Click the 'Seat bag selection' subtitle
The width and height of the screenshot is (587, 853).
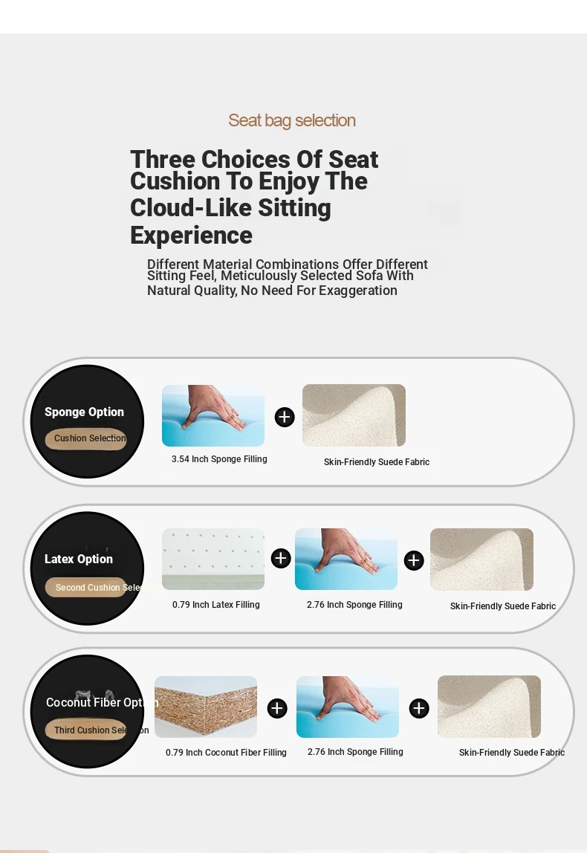(x=291, y=121)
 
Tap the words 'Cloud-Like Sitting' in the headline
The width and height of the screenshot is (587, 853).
(x=230, y=208)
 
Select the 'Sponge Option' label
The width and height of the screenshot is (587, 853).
(x=84, y=412)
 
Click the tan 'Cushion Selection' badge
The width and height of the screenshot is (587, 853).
(x=86, y=438)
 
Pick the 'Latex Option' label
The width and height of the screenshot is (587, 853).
(x=79, y=559)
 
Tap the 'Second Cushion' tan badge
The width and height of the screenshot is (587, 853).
(x=86, y=588)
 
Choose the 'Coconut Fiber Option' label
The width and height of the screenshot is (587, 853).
(x=95, y=702)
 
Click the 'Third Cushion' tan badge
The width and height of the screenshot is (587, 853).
(x=86, y=730)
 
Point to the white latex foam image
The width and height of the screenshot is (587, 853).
(x=213, y=560)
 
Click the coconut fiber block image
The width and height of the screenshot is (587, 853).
(x=206, y=707)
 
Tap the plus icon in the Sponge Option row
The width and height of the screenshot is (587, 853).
(x=285, y=418)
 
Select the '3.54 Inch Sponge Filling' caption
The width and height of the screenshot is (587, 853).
(x=219, y=459)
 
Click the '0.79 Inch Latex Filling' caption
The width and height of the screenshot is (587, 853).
(x=216, y=605)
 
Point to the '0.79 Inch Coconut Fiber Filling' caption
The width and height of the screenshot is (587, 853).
(x=226, y=753)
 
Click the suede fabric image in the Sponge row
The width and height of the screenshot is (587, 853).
(x=354, y=415)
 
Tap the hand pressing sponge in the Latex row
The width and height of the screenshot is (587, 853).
(x=346, y=560)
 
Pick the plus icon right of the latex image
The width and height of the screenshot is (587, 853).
(x=281, y=558)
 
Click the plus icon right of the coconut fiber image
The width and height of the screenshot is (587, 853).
(x=277, y=708)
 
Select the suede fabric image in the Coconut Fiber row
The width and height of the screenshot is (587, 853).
(x=489, y=707)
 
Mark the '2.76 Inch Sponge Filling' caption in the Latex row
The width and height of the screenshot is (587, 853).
(x=354, y=605)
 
